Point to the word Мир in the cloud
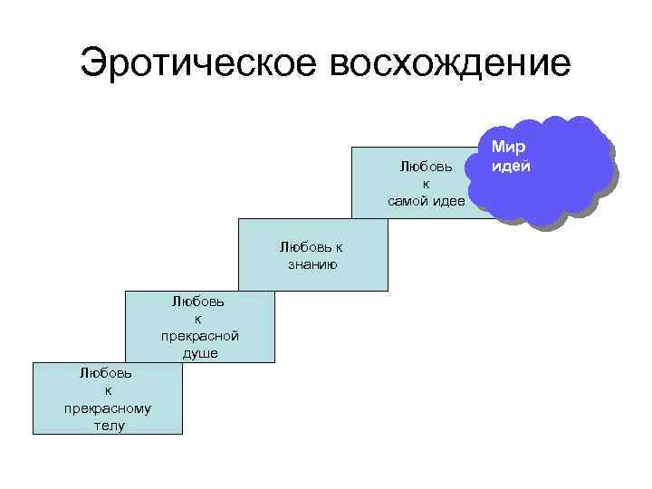point(508,148)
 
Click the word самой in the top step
point(407,200)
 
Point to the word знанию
point(312,264)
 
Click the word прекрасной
point(199,336)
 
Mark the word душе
point(199,352)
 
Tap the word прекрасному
point(108,407)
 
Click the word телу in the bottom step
point(108,425)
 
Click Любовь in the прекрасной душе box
point(199,302)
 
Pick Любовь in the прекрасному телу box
point(108,372)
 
